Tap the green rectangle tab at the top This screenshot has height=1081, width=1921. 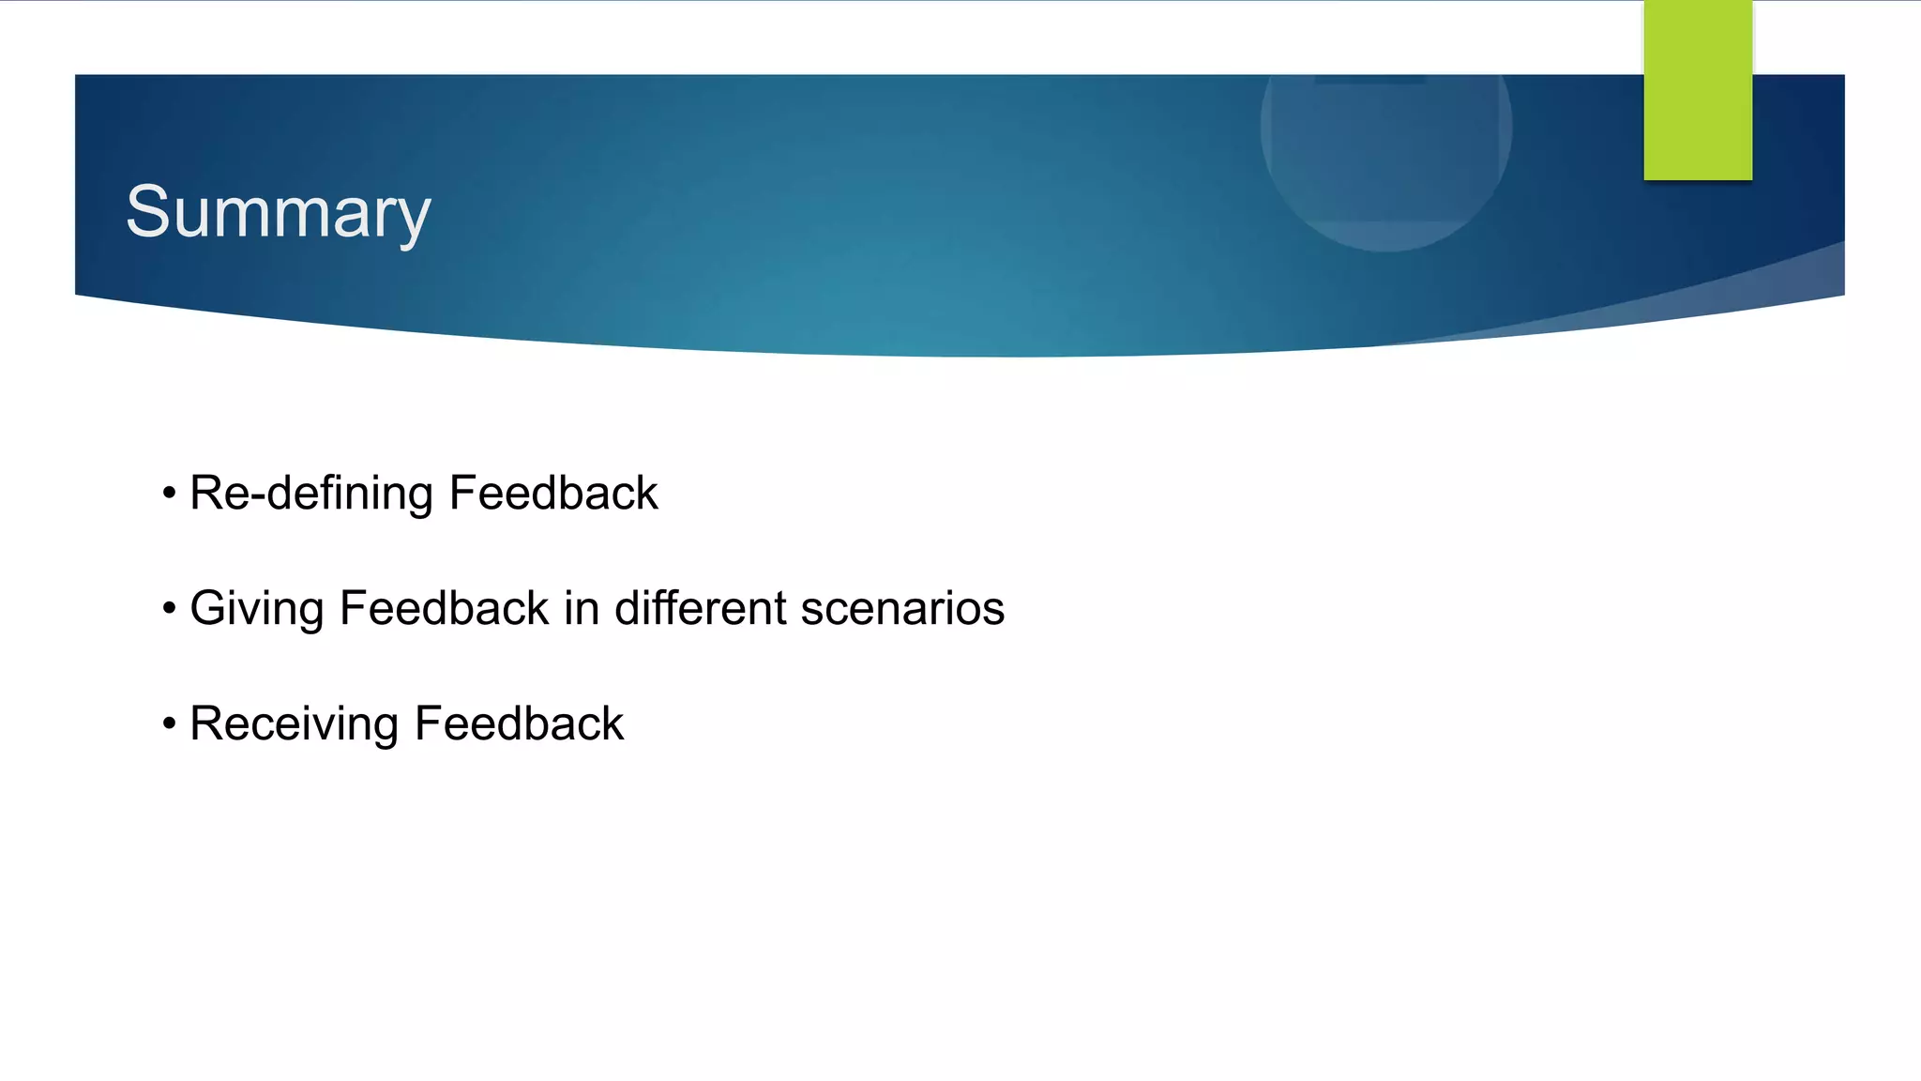click(x=1697, y=90)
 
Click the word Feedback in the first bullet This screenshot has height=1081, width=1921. click(x=553, y=494)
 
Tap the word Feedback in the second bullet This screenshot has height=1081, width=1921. click(x=444, y=608)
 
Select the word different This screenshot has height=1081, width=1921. click(x=701, y=608)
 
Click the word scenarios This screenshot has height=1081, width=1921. click(x=902, y=609)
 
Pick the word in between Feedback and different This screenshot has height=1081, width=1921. click(x=582, y=608)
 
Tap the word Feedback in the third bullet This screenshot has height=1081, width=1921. click(x=519, y=723)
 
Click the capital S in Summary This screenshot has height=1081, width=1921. click(x=147, y=212)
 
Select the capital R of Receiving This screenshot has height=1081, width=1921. click(x=205, y=723)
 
